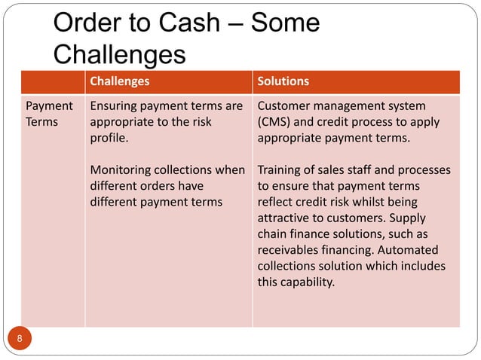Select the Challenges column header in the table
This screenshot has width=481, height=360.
(x=119, y=81)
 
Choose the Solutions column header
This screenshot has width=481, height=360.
(x=283, y=81)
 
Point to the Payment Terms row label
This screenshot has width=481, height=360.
(x=50, y=114)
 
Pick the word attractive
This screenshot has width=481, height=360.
(x=283, y=218)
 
